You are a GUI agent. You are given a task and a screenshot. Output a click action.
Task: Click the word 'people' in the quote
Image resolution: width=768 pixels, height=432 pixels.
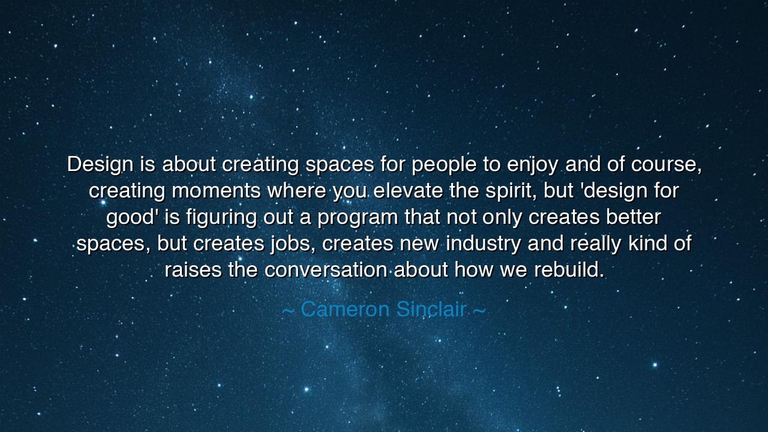pos(444,164)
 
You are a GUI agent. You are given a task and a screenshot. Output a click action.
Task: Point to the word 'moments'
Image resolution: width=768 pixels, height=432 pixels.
pos(216,191)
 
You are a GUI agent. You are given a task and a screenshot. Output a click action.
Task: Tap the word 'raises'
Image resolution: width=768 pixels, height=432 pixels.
pos(193,270)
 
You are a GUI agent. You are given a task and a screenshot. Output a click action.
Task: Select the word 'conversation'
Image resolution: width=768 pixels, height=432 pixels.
pos(326,270)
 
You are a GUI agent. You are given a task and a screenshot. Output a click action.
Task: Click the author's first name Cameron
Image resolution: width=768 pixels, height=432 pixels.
pos(345,310)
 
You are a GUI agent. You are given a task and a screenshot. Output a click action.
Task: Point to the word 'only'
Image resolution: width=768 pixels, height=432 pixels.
pos(503,217)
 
